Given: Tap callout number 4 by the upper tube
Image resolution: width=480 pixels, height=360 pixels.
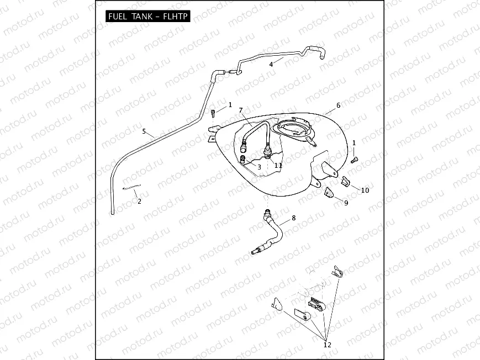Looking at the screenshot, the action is (x=271, y=65).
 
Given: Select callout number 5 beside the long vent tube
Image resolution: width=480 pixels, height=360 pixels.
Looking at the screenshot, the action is (x=144, y=131).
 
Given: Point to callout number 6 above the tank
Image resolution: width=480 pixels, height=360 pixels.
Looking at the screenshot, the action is (x=338, y=105).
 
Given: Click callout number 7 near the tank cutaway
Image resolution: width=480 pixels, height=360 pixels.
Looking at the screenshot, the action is (x=241, y=110).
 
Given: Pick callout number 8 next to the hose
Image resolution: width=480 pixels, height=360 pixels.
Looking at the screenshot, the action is (x=293, y=218).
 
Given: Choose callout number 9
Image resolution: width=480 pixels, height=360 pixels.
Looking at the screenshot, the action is (x=346, y=203).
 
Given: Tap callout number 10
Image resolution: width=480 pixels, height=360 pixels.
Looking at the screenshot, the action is (x=365, y=190).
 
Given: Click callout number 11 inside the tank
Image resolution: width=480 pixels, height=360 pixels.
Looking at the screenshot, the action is (x=278, y=165).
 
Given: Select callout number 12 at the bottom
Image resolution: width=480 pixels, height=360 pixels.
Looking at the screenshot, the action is (x=328, y=345).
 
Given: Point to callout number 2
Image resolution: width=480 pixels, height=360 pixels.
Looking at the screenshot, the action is (x=139, y=202).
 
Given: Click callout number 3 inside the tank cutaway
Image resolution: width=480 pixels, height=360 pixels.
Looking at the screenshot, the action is (x=259, y=166).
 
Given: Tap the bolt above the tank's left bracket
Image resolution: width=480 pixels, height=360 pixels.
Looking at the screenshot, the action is (x=213, y=113).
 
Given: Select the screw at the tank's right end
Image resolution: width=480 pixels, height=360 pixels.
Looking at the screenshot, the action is (x=355, y=160).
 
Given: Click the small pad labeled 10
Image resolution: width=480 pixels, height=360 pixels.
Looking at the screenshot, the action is (x=345, y=181).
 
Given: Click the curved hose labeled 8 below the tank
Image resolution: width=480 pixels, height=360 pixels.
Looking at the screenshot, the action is (x=272, y=232).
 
